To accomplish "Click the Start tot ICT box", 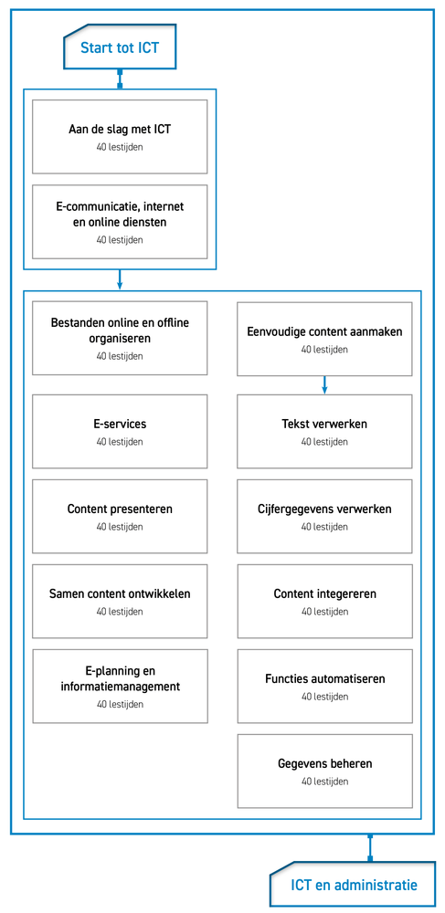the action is click(120, 47).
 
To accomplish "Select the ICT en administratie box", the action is click(353, 885).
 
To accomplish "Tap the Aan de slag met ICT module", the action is click(120, 136).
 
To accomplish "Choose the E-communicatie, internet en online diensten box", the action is click(120, 221).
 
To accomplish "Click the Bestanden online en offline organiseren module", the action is click(120, 338).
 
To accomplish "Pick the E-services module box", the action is click(120, 431).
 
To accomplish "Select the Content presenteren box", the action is click(120, 516).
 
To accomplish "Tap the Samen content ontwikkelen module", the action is click(120, 601).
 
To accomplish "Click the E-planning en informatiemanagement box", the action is click(120, 686).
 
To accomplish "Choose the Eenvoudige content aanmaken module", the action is click(324, 338).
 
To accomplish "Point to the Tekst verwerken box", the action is click(324, 431).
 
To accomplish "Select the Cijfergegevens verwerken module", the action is click(324, 516).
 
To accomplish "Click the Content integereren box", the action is click(324, 601).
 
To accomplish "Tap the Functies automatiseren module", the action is click(324, 686).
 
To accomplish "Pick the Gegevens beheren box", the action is click(324, 771).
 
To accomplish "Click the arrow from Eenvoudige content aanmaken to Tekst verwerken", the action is click(324, 385).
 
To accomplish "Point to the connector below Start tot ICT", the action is click(120, 79).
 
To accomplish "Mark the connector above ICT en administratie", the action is click(369, 848).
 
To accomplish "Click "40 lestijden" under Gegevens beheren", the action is click(324, 782).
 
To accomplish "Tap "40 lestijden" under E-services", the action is click(120, 441).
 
